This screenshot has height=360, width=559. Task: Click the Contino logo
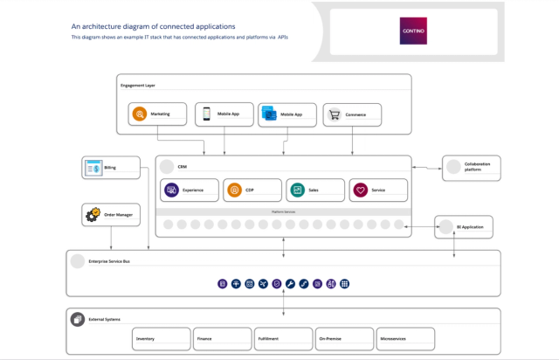[x=414, y=31]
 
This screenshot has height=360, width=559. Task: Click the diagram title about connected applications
[x=153, y=26]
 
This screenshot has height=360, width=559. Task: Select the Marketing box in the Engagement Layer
[x=158, y=114]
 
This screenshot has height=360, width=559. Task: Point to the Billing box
[x=110, y=166]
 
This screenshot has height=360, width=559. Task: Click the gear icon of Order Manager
[x=93, y=214]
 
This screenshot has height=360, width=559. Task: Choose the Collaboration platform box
[x=471, y=168]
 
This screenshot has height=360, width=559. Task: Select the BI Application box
[x=463, y=227]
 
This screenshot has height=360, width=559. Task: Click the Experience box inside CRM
[x=189, y=190]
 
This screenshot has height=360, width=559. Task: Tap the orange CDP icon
[x=234, y=190]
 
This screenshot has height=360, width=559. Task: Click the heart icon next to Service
[x=360, y=190]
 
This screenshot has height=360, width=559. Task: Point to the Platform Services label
[x=283, y=211]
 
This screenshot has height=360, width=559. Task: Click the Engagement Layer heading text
[x=139, y=85]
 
